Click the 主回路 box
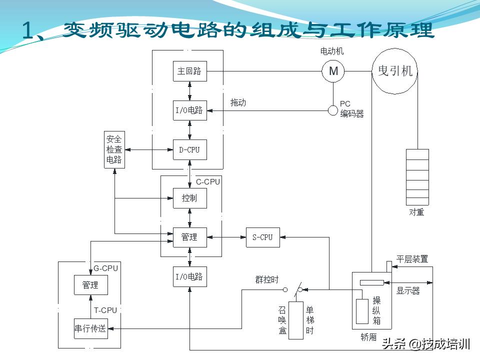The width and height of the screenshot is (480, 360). click(x=189, y=71)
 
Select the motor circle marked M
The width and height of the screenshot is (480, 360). click(x=333, y=71)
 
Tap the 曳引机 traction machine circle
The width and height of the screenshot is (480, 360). click(x=395, y=71)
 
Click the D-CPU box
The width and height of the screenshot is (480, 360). click(x=189, y=149)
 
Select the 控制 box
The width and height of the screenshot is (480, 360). click(x=189, y=198)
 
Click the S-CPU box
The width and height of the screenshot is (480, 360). click(x=262, y=237)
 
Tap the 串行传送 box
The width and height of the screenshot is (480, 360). click(x=90, y=328)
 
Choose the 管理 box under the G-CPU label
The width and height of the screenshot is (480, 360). click(x=90, y=285)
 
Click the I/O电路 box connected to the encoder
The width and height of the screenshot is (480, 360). click(x=189, y=110)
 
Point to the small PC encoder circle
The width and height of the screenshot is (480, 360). click(x=333, y=110)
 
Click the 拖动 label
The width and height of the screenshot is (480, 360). click(x=238, y=102)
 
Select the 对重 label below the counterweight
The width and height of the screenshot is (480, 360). click(x=416, y=212)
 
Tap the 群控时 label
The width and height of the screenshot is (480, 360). click(x=266, y=280)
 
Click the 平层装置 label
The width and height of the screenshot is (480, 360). click(x=412, y=259)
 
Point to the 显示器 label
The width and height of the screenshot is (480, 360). click(x=408, y=290)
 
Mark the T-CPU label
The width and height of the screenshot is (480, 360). click(x=105, y=310)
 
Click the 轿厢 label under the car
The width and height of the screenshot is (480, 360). click(x=368, y=337)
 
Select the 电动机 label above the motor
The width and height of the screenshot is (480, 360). click(x=332, y=51)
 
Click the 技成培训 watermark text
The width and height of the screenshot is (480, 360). click(x=445, y=344)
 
